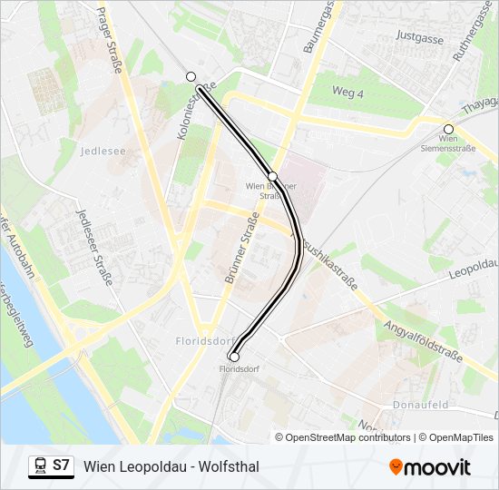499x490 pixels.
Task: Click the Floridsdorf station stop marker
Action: point(234,357)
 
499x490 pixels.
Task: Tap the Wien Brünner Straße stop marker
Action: point(272,176)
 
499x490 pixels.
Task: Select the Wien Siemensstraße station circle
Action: point(448,129)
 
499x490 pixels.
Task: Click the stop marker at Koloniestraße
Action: point(191,77)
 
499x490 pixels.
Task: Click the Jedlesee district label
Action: point(103,151)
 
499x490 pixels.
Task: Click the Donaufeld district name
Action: point(422,404)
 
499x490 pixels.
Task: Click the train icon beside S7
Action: point(39,465)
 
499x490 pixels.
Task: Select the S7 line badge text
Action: point(61,465)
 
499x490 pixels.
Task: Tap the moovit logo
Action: point(430,466)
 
